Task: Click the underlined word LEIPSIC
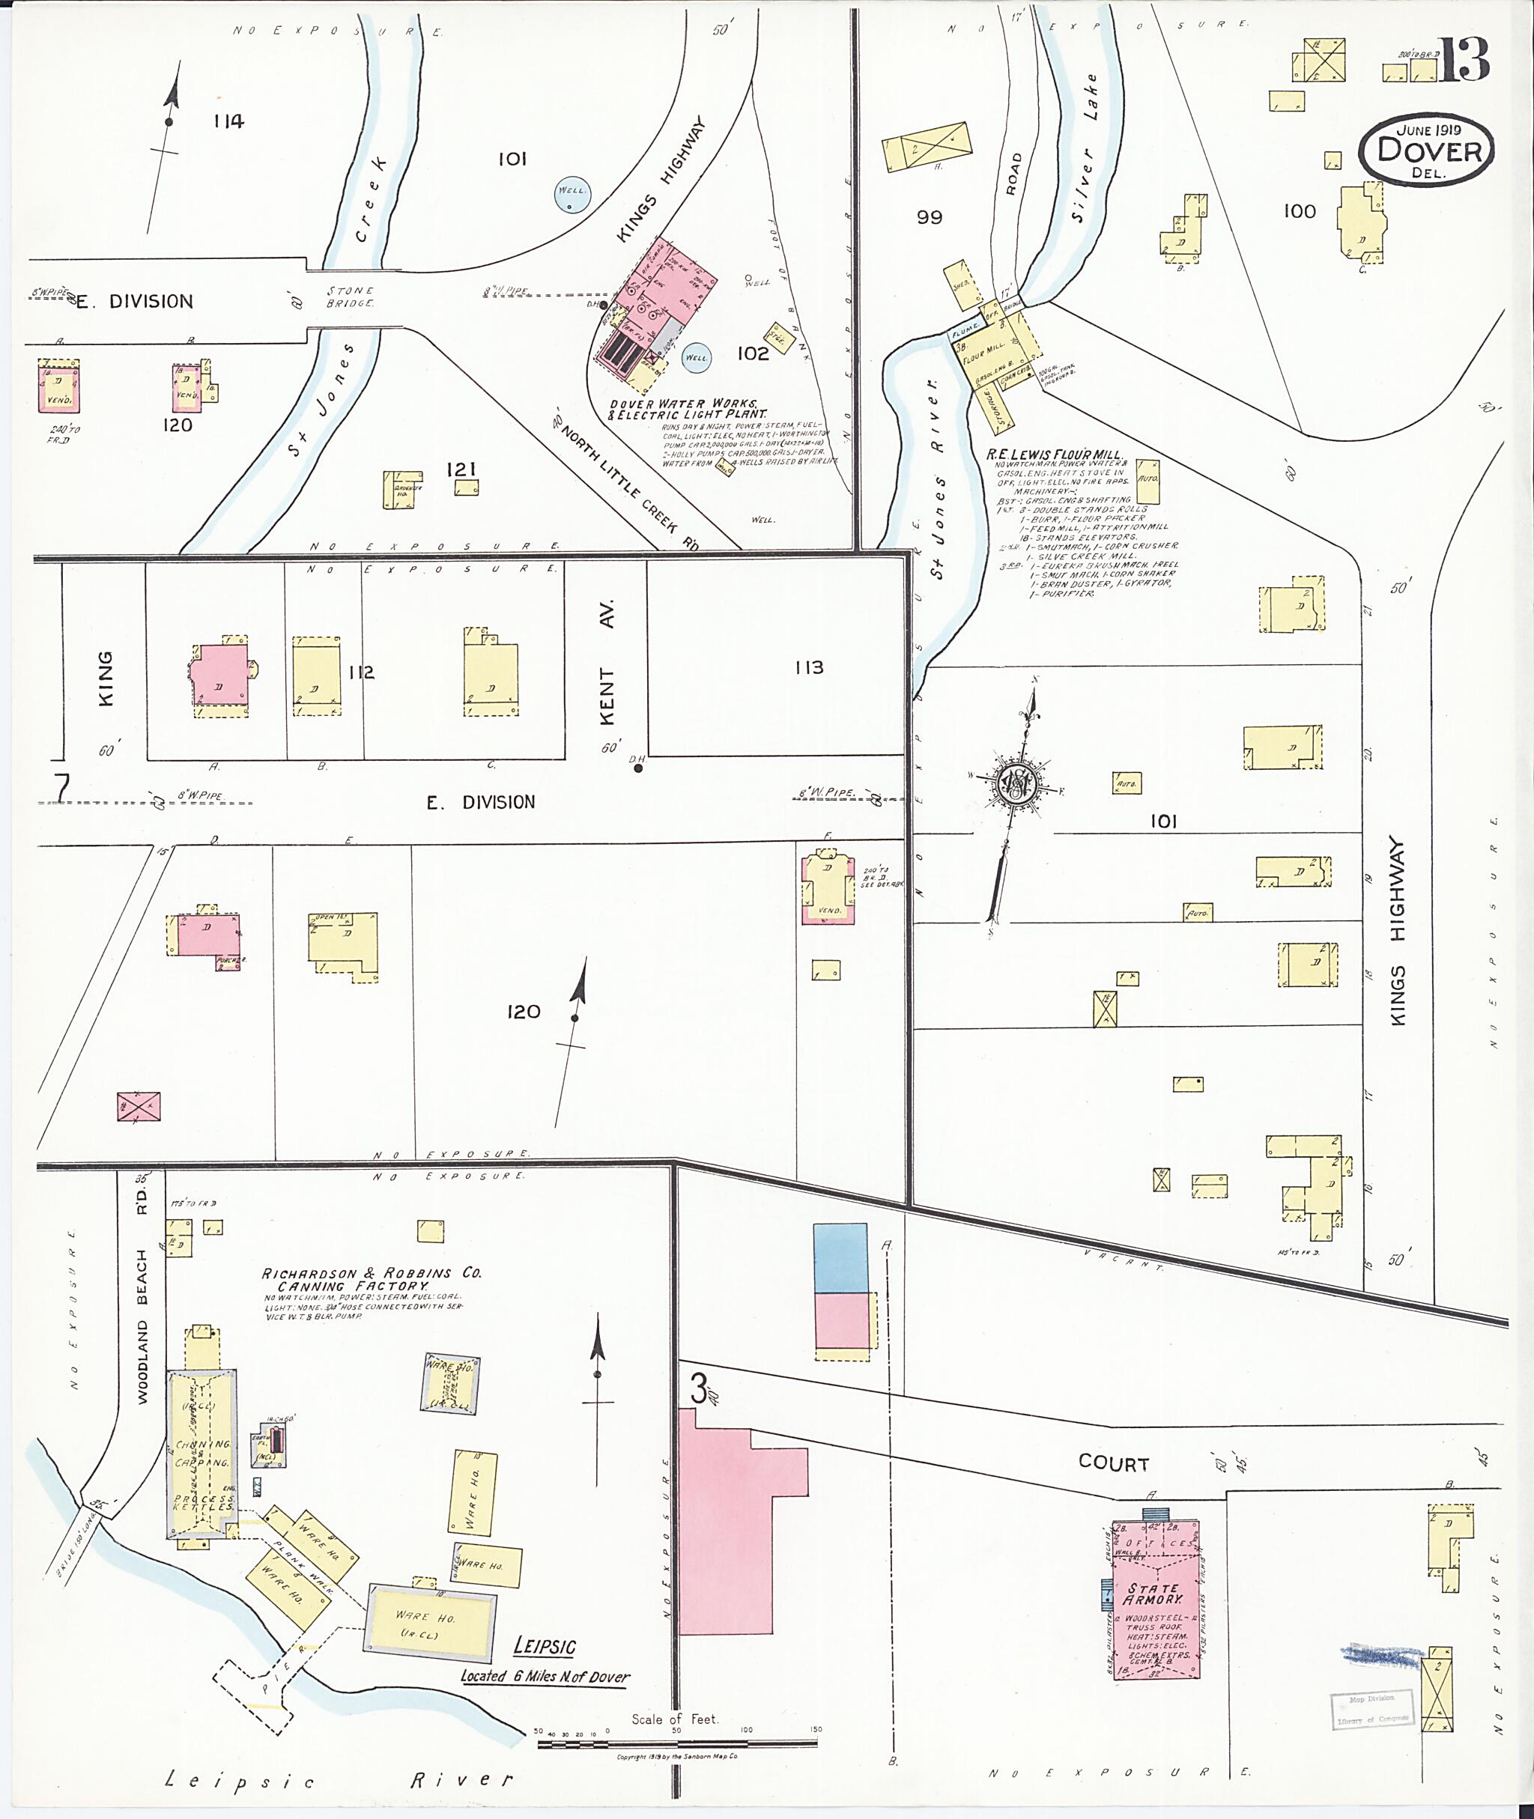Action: point(545,1646)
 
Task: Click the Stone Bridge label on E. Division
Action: point(351,297)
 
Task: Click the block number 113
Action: point(809,668)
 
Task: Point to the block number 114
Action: point(228,122)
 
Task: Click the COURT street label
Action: point(1113,1463)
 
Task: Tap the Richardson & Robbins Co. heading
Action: point(372,1279)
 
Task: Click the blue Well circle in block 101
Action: point(572,194)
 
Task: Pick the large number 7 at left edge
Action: point(61,787)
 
